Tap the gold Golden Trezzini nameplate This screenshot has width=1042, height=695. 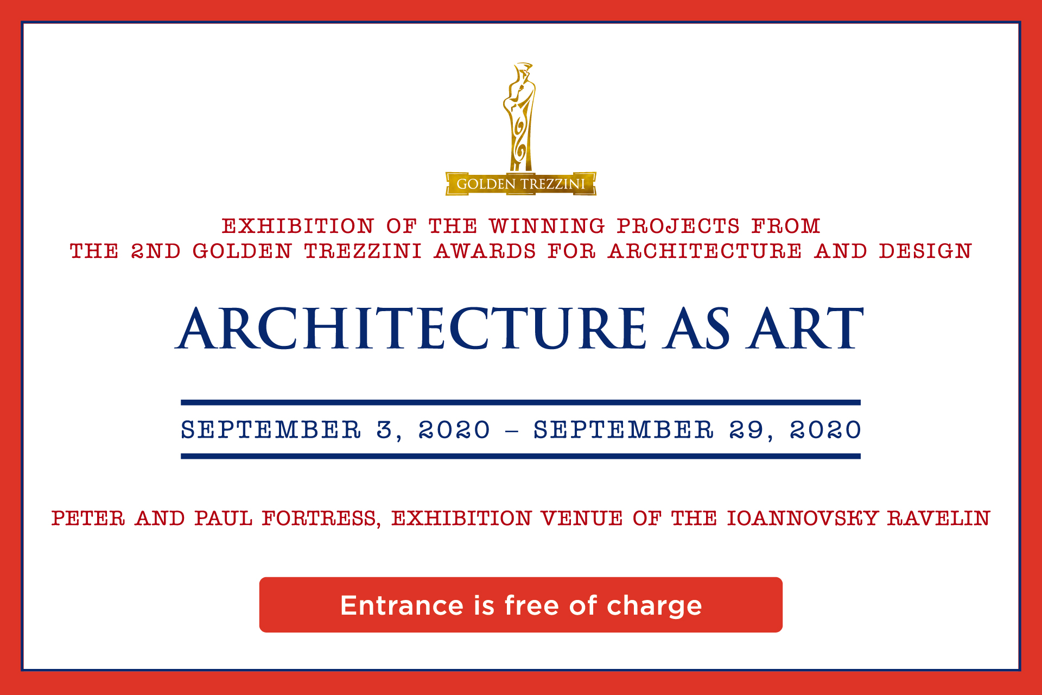click(521, 184)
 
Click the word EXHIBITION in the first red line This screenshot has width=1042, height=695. click(298, 226)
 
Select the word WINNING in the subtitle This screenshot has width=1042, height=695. click(547, 226)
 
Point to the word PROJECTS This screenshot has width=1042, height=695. click(678, 226)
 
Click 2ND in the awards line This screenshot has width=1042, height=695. click(156, 251)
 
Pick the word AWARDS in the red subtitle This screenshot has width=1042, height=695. click(485, 251)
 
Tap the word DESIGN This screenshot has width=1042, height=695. click(925, 251)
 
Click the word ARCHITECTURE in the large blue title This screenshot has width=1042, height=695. click(411, 328)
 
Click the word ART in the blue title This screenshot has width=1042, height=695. click(805, 328)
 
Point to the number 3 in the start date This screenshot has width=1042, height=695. click(385, 430)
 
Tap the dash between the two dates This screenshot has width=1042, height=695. click(512, 432)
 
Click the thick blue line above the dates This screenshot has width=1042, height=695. click(520, 403)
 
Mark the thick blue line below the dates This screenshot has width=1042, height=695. click(520, 456)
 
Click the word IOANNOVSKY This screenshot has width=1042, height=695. click(802, 519)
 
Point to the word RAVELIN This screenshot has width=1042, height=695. click(939, 519)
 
